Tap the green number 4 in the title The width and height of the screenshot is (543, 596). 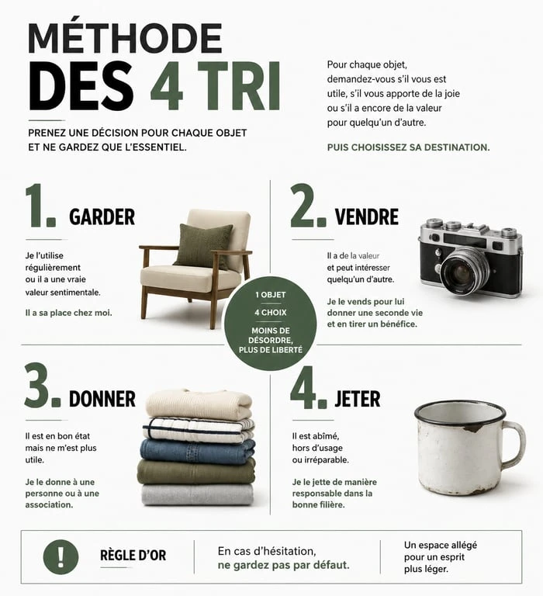[167, 87]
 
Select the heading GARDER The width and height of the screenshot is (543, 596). [102, 217]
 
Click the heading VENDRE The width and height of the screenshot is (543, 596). [366, 217]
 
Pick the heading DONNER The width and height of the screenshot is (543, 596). [102, 399]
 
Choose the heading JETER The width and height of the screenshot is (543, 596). [357, 399]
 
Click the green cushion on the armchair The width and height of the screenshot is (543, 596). [202, 245]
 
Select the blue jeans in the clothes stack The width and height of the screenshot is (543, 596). [199, 449]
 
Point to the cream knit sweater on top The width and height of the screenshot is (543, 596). [199, 404]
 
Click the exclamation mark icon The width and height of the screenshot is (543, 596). [61, 556]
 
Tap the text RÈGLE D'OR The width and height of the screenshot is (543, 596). [133, 556]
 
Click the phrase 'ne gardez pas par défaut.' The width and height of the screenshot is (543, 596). [283, 565]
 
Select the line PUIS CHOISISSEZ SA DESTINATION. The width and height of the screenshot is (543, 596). [408, 147]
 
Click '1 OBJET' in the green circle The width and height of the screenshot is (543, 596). [271, 296]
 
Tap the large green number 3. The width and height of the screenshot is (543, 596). [40, 386]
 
